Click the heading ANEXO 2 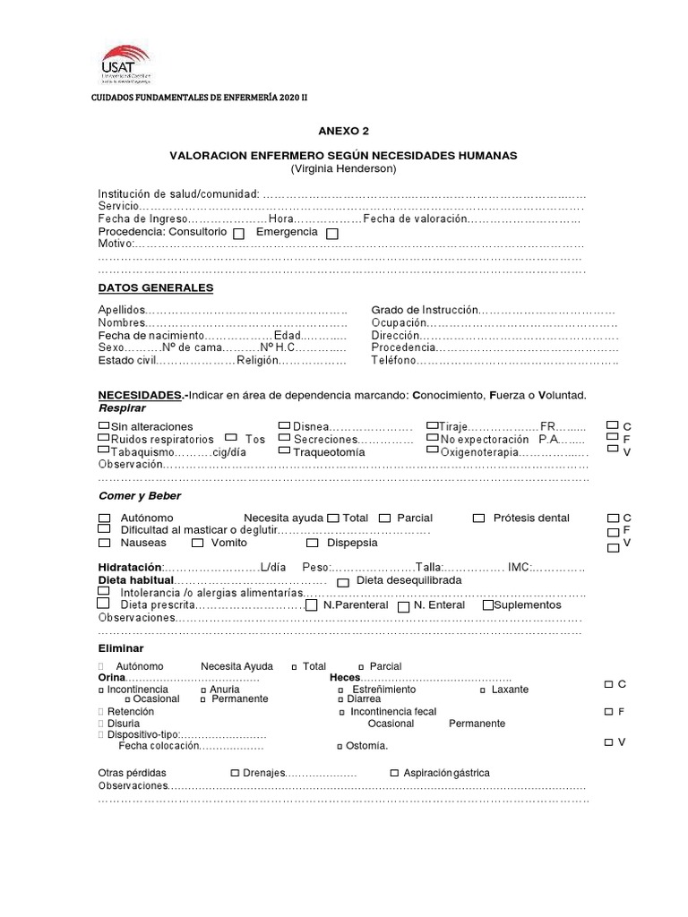click(343, 130)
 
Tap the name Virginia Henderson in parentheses click(343, 169)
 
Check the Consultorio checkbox click(238, 233)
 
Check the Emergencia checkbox click(332, 233)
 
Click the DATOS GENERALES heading click(155, 288)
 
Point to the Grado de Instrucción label click(425, 310)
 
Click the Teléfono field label click(393, 361)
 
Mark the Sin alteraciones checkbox click(104, 425)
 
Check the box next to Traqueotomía click(284, 451)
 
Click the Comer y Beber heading click(139, 496)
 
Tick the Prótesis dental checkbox click(478, 518)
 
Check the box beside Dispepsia click(312, 543)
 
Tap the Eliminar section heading click(120, 648)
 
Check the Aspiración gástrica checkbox click(394, 772)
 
